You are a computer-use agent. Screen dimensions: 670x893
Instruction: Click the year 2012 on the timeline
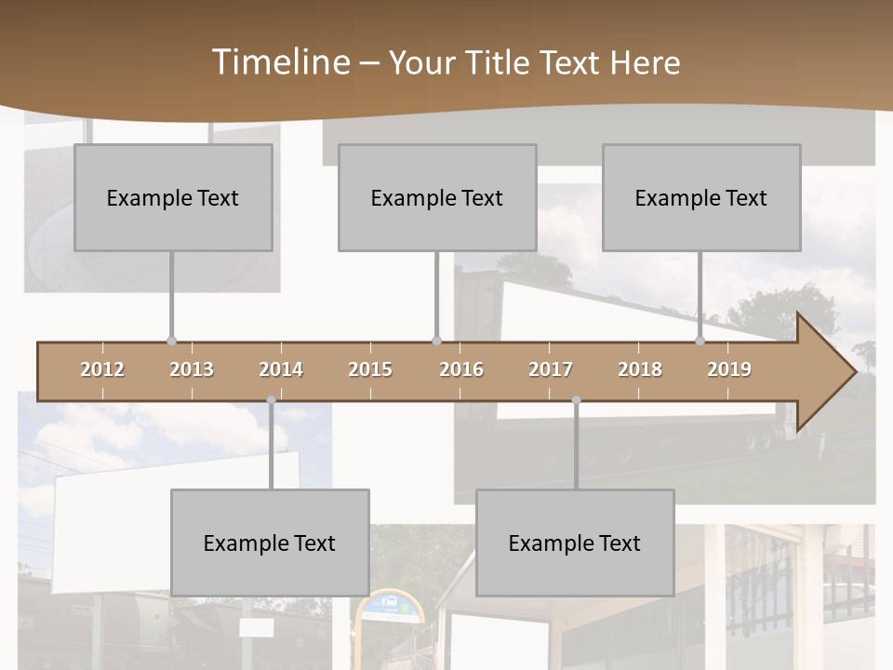(x=102, y=369)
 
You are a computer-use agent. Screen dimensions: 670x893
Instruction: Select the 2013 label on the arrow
(x=192, y=369)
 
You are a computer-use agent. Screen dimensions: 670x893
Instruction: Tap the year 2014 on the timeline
(x=281, y=369)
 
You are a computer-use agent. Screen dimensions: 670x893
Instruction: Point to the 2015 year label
(x=370, y=369)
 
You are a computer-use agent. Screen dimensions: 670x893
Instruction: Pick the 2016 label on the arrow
(x=461, y=369)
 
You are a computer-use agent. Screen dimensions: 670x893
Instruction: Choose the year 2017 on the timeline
(x=551, y=369)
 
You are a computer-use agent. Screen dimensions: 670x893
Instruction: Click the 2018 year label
(x=640, y=369)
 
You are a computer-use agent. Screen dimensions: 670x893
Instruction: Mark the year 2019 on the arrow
(x=729, y=369)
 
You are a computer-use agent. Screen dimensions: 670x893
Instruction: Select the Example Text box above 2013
(x=173, y=198)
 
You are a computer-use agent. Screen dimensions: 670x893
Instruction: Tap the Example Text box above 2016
(x=437, y=198)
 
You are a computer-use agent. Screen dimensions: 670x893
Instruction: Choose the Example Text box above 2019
(x=701, y=198)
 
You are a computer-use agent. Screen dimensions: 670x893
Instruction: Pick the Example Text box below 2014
(x=270, y=543)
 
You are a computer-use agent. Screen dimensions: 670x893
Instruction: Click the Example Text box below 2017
(x=575, y=543)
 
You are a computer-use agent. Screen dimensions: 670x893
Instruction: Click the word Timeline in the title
(x=280, y=62)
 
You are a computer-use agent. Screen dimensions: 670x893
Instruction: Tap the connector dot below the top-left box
(x=171, y=341)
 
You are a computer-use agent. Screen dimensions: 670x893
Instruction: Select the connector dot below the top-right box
(x=700, y=341)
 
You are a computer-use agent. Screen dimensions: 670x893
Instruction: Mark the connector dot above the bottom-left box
(x=271, y=400)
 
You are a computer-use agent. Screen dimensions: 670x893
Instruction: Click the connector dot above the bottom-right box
(x=576, y=400)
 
